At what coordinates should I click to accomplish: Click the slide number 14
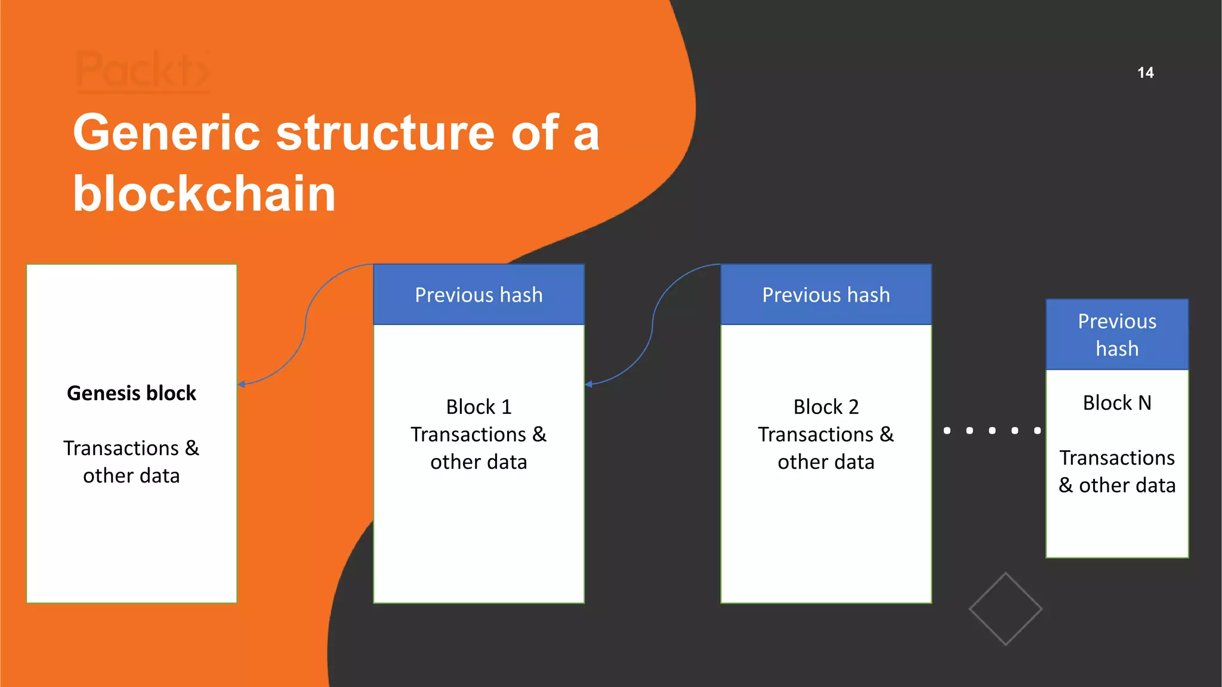tap(1145, 73)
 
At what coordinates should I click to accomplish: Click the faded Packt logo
tap(143, 72)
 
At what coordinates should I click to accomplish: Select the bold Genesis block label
tap(131, 393)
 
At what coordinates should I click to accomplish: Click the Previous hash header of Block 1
tap(479, 295)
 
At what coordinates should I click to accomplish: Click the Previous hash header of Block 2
tap(826, 295)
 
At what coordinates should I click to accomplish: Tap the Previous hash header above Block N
tap(1117, 335)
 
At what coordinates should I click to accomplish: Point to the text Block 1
tap(479, 407)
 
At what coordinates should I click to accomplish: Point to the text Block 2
tap(826, 407)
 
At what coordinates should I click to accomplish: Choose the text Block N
tap(1117, 403)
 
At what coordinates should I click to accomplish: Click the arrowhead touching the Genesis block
tap(242, 384)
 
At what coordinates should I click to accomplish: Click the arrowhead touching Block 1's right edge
tap(589, 384)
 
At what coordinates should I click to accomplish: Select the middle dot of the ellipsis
tap(992, 431)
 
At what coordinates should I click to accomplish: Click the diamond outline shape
tap(1005, 609)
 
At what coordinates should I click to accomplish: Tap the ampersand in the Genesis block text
tap(192, 448)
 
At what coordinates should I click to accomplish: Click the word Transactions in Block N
tap(1117, 457)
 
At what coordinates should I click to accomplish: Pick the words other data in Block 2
tap(826, 462)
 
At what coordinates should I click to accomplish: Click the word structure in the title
tap(385, 133)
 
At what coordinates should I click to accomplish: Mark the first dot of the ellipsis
tap(947, 431)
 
